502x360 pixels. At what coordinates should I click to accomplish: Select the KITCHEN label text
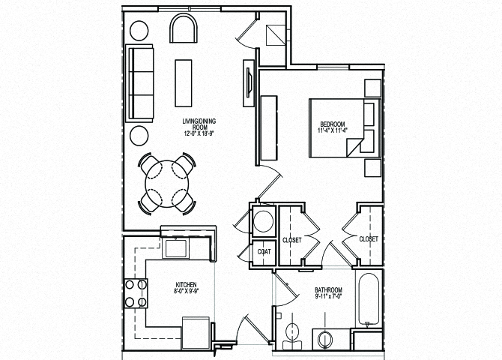[x=186, y=285]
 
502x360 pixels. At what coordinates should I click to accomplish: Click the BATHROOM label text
[x=328, y=290]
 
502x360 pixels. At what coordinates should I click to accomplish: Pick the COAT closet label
[x=264, y=252]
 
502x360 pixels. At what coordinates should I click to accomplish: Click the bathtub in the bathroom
[x=367, y=301]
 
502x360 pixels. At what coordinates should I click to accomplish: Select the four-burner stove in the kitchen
[x=135, y=292]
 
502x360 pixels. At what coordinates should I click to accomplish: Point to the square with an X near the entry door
[x=275, y=34]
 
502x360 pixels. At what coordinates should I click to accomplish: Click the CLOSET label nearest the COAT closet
[x=291, y=240]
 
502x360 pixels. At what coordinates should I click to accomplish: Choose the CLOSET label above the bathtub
[x=368, y=238]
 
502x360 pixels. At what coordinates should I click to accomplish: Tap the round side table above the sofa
[x=139, y=31]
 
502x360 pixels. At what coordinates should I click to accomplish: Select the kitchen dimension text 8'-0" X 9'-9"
[x=186, y=292]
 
